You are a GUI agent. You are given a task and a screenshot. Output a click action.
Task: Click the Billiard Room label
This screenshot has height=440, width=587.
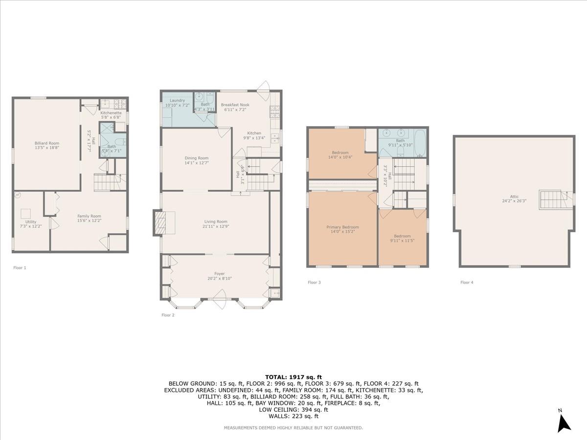[47, 143]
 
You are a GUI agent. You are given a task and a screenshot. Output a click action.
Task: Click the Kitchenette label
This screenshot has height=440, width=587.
[111, 113]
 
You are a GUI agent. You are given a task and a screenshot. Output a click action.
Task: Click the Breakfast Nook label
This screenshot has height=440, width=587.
[235, 105]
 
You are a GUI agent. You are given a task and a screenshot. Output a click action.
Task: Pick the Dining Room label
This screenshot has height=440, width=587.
[197, 158]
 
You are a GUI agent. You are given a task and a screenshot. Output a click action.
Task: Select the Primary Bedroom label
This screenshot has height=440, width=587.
[342, 227]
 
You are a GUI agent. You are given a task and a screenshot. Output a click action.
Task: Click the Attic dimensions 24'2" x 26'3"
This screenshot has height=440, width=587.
[514, 201]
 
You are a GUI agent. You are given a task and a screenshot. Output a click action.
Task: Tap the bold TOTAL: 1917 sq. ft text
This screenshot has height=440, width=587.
[293, 377]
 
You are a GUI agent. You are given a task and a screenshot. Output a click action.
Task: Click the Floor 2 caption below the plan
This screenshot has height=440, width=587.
[168, 315]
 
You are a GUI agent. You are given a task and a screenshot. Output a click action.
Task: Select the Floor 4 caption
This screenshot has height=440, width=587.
[467, 283]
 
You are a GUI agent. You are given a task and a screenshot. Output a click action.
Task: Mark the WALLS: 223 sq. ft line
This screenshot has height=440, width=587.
[293, 416]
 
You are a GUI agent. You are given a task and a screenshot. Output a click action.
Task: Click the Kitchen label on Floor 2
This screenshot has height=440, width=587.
[254, 133]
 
